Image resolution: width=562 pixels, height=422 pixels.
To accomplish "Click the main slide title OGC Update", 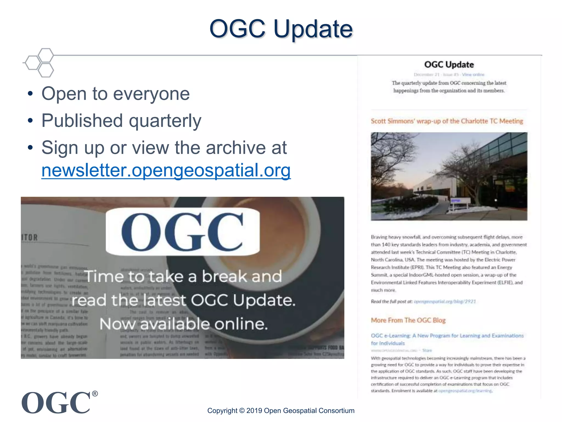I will coord(281,29).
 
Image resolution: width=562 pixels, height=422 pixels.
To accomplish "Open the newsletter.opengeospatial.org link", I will coord(166,170).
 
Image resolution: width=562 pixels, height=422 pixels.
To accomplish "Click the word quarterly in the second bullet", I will coord(165,121).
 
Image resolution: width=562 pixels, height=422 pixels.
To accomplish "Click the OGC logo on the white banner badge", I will coord(182,232).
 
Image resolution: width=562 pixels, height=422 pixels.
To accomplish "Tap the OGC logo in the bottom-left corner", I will coord(56,403).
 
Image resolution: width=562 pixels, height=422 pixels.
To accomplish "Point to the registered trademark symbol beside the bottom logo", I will coord(95,394).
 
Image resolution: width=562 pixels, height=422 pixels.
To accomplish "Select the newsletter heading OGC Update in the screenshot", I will coord(449,65).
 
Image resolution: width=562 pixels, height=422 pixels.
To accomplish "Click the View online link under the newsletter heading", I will coord(473,74).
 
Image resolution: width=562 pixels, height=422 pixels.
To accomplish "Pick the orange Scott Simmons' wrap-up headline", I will coord(447,121).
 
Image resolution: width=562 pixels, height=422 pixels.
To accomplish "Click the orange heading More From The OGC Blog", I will coord(408,320).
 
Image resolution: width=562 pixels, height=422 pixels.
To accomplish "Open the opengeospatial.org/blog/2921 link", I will coord(445,301).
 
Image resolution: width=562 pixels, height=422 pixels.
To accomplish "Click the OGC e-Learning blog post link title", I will coord(447,336).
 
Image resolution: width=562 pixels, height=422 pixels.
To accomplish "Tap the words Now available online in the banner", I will coord(184,324).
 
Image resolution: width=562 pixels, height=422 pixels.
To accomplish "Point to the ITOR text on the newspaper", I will coord(29,237).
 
